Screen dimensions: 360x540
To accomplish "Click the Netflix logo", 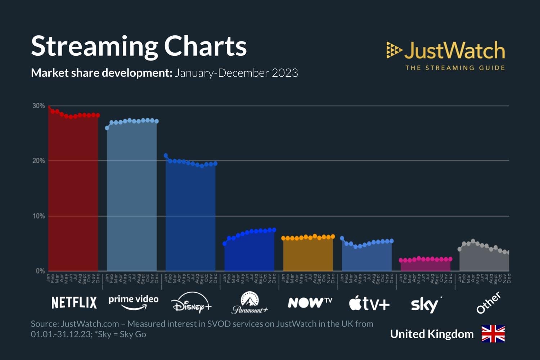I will [74, 303].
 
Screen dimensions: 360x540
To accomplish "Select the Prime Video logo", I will [134, 302].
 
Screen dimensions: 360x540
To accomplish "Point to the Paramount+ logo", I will [250, 303].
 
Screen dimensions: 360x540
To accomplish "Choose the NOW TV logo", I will [310, 302].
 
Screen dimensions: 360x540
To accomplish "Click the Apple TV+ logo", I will [369, 303].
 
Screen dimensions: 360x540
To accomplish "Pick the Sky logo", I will [426, 305].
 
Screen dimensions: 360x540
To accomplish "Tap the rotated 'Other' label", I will [489, 303].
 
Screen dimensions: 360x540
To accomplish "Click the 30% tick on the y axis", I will [39, 106].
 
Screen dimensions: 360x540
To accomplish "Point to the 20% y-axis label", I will [39, 161].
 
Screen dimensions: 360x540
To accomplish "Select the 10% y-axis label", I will [39, 216].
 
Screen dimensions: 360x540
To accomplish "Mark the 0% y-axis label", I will [40, 271].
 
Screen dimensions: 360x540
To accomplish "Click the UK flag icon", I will [493, 334].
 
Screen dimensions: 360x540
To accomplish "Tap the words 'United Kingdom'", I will [432, 334].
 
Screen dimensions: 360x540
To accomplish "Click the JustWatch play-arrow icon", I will [394, 50].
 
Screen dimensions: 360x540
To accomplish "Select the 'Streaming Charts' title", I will [139, 46].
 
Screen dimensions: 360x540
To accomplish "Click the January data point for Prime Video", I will [107, 128].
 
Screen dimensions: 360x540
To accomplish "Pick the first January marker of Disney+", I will [166, 156].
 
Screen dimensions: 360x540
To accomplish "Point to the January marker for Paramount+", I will [225, 244].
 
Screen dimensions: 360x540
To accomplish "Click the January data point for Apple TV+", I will [342, 238].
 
